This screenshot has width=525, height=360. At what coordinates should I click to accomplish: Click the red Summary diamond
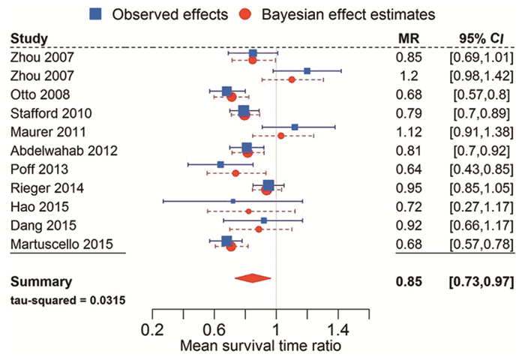252,279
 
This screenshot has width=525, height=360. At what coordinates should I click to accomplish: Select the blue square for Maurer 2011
295,127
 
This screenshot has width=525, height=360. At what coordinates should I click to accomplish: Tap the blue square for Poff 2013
220,164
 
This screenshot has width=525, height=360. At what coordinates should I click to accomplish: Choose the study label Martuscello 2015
67,243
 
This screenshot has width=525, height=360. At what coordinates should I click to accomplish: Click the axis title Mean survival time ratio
260,347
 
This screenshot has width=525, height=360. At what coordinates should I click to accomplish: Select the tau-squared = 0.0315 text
67,300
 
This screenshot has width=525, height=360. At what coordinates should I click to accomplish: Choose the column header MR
409,38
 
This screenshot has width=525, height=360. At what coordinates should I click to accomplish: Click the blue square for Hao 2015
233,201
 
